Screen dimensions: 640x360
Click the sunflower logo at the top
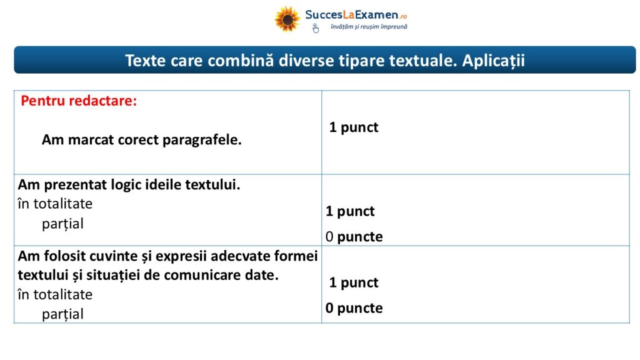[287, 19]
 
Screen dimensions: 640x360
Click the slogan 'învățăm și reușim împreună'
[369, 26]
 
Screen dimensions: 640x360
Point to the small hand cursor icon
[316, 28]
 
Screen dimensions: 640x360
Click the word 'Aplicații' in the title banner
[493, 61]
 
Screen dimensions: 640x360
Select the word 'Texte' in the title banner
[145, 61]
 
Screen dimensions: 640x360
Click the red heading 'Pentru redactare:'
[79, 101]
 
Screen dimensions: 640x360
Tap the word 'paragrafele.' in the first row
[202, 140]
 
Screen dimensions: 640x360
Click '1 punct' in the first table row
[354, 127]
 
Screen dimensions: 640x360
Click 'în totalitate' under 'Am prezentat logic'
[55, 204]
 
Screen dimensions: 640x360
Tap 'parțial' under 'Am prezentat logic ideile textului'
[63, 224]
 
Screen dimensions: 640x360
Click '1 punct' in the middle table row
[350, 211]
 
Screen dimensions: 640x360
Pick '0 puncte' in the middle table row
[354, 237]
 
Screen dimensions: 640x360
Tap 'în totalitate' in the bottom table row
[55, 295]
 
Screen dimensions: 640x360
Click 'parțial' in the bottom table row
[63, 314]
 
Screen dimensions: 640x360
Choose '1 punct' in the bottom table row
[354, 283]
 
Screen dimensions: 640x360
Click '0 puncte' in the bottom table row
[354, 308]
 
